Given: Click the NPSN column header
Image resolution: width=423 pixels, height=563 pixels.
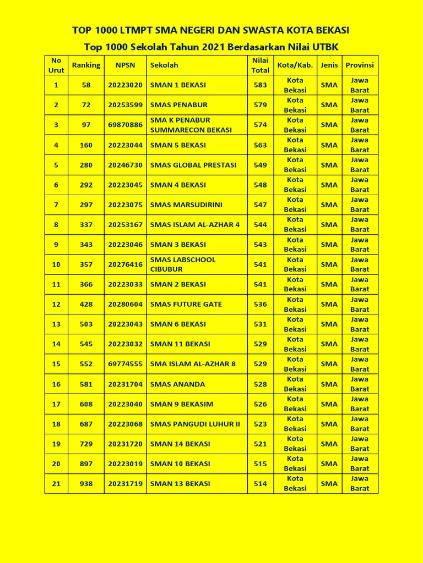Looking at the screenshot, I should click(x=125, y=65).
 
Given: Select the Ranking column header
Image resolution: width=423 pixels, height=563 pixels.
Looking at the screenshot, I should click(x=86, y=65).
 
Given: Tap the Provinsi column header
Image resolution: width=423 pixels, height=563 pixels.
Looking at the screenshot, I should click(x=360, y=65).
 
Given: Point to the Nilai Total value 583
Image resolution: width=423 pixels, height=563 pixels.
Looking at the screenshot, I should click(x=260, y=85).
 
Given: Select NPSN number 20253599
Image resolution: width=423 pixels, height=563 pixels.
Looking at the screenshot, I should click(x=125, y=105).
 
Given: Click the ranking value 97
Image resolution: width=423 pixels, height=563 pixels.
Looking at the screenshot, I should click(x=86, y=125).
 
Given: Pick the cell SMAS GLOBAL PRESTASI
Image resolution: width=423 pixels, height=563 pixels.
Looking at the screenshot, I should click(x=193, y=165).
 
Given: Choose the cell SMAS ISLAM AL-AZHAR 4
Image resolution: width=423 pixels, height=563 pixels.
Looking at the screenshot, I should click(x=195, y=224).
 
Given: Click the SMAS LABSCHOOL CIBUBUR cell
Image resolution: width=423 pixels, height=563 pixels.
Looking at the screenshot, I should click(x=183, y=264).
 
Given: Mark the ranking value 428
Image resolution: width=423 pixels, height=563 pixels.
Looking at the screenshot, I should click(x=86, y=304).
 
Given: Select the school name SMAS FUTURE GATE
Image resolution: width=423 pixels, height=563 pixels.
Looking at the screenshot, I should click(x=186, y=304).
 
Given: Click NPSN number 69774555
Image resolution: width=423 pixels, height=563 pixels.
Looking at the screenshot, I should click(x=125, y=364).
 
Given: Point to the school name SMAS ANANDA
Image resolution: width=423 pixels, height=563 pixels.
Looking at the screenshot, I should click(x=177, y=384).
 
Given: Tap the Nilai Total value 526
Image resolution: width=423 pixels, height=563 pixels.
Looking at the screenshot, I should click(x=260, y=404).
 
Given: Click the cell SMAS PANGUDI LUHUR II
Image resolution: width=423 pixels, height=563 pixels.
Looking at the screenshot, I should click(x=195, y=424).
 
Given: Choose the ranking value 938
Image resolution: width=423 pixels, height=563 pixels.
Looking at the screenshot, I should click(x=86, y=484).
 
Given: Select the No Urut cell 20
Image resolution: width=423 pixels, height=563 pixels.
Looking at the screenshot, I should click(x=56, y=464).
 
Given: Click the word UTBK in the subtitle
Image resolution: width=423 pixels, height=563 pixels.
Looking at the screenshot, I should click(x=326, y=47).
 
